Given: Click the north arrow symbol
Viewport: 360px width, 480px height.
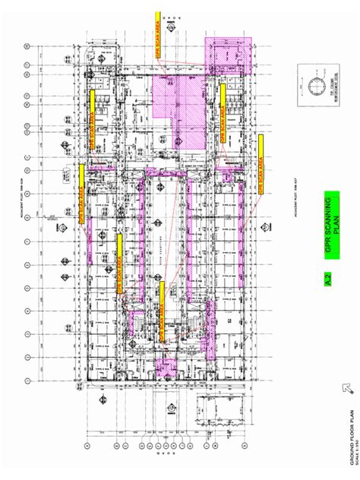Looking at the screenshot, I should (x=349, y=388).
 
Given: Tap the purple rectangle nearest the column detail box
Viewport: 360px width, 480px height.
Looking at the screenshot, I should (x=228, y=55).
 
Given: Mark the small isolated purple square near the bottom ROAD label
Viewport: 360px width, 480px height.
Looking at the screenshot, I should (x=163, y=370).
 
